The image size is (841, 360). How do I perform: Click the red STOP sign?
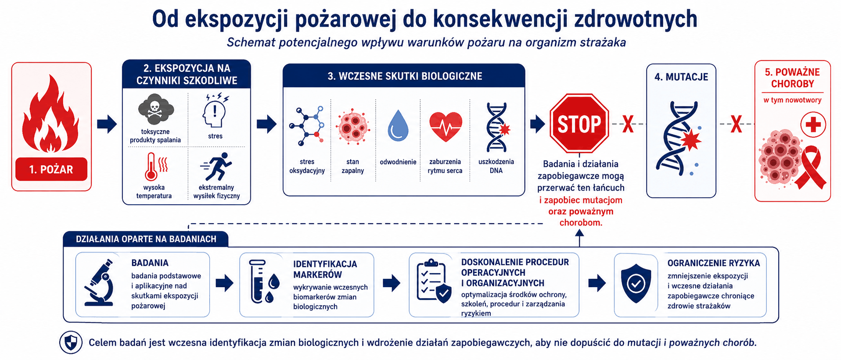579,123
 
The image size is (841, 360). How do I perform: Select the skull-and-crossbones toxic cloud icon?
156,109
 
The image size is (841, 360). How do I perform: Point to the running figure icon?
216,167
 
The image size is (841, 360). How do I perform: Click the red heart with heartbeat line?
446,126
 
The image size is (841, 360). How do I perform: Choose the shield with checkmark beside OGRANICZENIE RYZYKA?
636,283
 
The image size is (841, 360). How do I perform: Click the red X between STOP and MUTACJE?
628,124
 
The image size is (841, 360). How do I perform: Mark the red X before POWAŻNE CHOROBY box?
736,124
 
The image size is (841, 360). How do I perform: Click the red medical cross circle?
813,125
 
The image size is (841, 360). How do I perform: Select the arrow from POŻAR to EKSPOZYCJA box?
107,124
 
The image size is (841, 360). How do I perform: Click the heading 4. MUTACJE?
681,77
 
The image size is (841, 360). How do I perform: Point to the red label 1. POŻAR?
51,169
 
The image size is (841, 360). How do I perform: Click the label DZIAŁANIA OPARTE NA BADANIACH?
146,239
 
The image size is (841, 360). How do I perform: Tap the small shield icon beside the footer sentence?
71,342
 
